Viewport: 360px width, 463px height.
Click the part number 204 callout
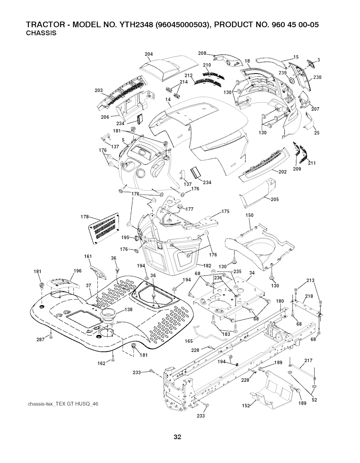[x=149, y=54]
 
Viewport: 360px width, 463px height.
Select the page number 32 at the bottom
[x=177, y=437]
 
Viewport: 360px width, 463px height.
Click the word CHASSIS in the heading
[x=41, y=33]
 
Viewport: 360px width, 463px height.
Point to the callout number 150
[x=249, y=215]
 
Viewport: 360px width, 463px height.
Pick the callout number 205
[x=275, y=199]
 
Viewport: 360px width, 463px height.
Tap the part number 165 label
[x=189, y=341]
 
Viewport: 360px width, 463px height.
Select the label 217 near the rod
[x=308, y=360]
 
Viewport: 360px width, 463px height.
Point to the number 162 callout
[x=101, y=363]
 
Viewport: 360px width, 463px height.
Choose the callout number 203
[x=99, y=90]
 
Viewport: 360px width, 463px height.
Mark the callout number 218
[x=309, y=296]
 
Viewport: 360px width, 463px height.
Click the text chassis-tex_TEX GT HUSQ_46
[x=62, y=404]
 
